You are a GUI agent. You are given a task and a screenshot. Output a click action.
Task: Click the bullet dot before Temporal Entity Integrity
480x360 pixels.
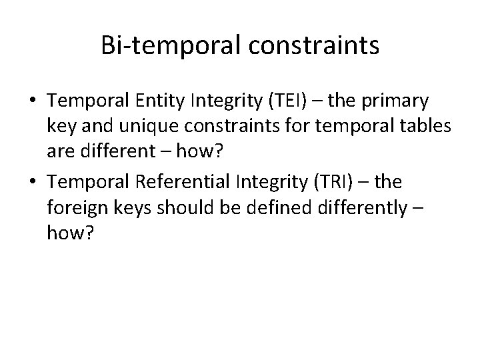[x=31, y=101]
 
